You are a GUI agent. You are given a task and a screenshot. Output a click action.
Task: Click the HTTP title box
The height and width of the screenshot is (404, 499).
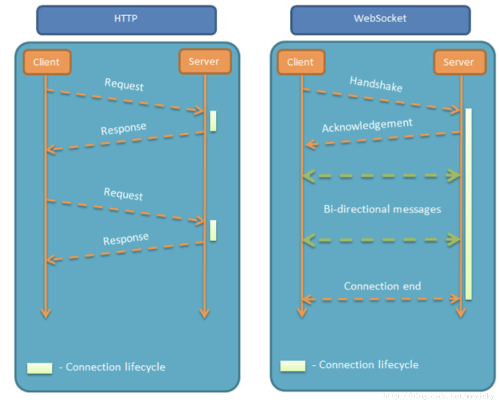click(126, 19)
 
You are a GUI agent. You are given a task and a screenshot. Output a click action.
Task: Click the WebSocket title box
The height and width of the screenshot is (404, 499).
click(380, 19)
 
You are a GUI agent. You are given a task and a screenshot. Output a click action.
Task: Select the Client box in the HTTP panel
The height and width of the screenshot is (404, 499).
click(47, 62)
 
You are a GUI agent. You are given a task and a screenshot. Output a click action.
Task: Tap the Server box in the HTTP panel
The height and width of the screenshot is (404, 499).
click(205, 61)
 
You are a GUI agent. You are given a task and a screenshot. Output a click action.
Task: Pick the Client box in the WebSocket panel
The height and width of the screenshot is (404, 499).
click(301, 62)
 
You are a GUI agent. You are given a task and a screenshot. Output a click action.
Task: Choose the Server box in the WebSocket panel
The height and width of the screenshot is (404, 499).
click(459, 62)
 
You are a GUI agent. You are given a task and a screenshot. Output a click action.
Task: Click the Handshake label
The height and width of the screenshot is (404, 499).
click(376, 84)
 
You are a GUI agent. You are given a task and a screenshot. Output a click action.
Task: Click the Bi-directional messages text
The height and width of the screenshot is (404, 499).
click(382, 209)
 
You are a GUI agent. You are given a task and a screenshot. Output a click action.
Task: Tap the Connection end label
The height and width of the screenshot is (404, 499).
click(382, 286)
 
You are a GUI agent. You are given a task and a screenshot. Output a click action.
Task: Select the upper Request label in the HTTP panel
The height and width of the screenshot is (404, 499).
click(124, 84)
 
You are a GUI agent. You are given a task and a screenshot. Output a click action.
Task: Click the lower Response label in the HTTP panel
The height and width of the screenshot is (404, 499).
click(126, 239)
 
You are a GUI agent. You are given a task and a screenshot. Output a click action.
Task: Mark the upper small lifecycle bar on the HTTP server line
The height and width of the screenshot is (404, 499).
click(213, 121)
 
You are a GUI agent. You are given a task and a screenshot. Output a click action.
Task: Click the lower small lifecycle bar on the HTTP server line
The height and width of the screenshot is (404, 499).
click(213, 230)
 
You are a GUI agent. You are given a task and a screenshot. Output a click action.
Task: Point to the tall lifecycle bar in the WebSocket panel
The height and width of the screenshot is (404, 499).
click(469, 204)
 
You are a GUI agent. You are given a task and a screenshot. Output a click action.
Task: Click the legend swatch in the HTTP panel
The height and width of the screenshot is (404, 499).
click(39, 368)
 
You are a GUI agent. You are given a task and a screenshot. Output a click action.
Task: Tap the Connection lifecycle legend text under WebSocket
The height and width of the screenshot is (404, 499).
click(369, 365)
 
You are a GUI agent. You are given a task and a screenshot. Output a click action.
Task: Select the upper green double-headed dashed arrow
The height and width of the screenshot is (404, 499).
click(381, 175)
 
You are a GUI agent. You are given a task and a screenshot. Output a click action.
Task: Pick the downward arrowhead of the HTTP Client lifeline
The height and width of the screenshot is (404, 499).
click(46, 313)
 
